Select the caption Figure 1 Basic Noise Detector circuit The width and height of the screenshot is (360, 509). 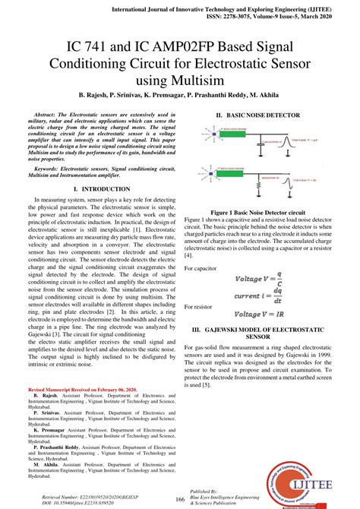pyautogui.click(x=257, y=213)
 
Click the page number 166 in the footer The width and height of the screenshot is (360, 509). pyautogui.click(x=180, y=498)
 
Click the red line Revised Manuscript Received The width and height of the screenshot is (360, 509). pyautogui.click(x=77, y=388)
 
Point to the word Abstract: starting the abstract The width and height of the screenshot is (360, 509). pyautogui.click(x=52, y=113)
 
